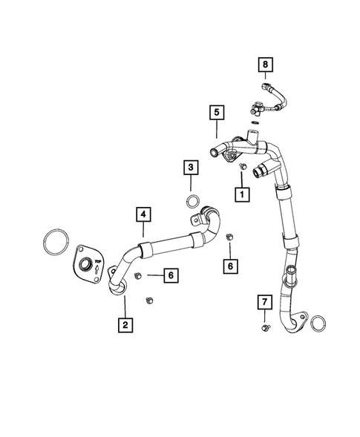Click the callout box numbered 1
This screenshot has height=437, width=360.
pyautogui.click(x=240, y=194)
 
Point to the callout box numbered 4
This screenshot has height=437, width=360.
pyautogui.click(x=143, y=216)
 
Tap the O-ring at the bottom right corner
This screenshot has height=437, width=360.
pyautogui.click(x=318, y=324)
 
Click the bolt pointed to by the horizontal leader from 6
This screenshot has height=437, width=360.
pyautogui.click(x=139, y=276)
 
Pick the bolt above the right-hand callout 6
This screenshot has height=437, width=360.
pyautogui.click(x=229, y=237)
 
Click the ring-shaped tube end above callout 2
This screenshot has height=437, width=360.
pyautogui.click(x=117, y=288)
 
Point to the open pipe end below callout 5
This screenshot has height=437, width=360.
pyautogui.click(x=215, y=153)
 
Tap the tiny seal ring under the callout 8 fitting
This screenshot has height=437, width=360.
pyautogui.click(x=254, y=122)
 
